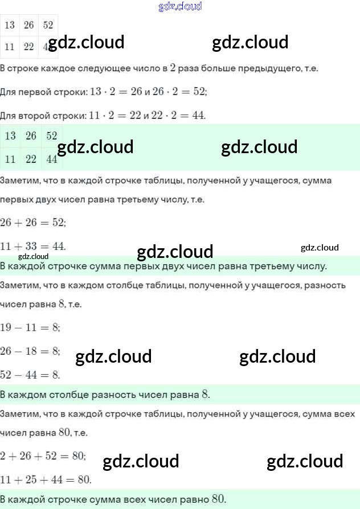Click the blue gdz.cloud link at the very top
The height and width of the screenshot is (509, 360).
tap(180, 6)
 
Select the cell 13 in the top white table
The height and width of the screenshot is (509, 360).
tap(10, 26)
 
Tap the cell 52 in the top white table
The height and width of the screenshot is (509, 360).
tap(48, 26)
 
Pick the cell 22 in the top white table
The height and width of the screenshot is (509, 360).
tap(29, 47)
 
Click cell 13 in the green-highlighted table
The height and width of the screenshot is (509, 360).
tap(10, 136)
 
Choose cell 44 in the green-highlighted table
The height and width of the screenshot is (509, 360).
tap(52, 159)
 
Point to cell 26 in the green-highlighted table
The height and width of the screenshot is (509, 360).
tap(31, 136)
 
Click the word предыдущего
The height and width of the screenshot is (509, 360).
tap(275, 68)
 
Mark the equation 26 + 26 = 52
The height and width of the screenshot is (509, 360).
tap(32, 223)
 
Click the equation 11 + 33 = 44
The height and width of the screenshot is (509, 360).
tap(32, 246)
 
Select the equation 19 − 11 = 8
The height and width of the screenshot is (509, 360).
tap(30, 328)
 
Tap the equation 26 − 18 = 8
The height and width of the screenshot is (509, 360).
tap(30, 351)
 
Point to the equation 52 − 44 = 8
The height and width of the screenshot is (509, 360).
tap(30, 375)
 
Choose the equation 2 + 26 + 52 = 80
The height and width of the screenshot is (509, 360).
tap(43, 455)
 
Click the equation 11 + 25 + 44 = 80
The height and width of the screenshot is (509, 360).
tap(46, 479)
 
